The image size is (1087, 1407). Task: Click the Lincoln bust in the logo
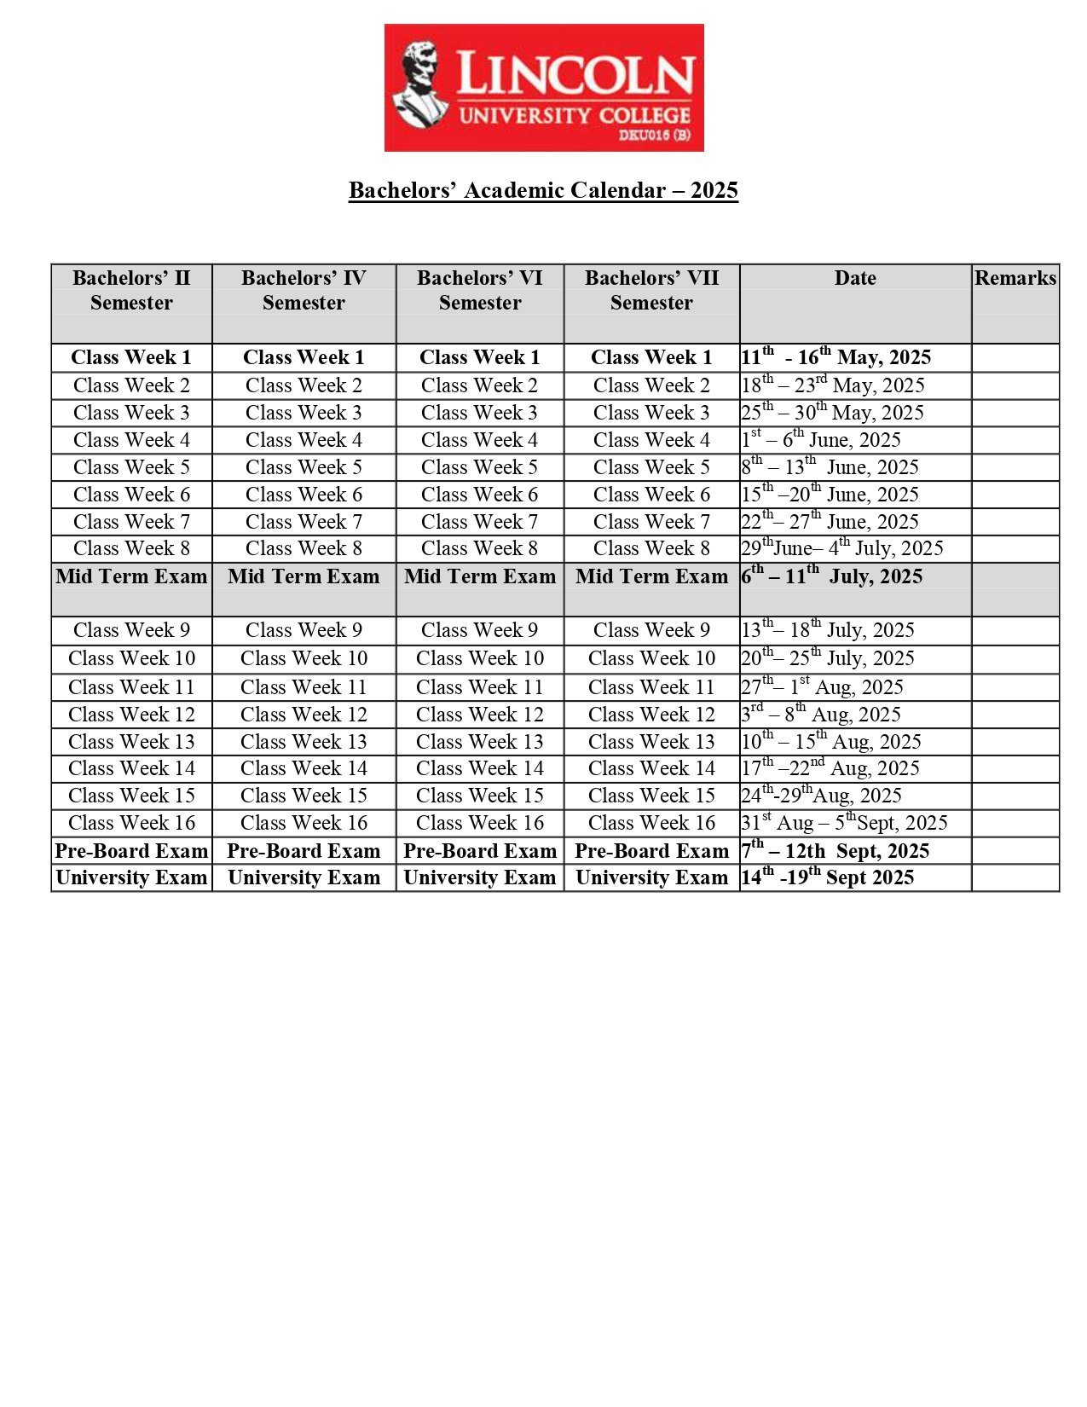(x=419, y=85)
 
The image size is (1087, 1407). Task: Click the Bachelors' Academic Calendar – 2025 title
(x=543, y=190)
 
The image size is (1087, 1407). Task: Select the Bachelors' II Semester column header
(x=131, y=291)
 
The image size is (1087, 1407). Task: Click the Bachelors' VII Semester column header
(x=651, y=291)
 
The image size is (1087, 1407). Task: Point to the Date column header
(x=855, y=279)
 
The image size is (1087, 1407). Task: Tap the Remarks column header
(x=1015, y=279)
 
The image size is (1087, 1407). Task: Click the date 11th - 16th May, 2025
(x=835, y=357)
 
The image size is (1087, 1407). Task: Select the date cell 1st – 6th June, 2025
(x=820, y=440)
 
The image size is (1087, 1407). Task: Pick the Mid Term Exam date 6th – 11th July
(x=831, y=576)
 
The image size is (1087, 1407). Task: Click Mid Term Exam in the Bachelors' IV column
(x=304, y=577)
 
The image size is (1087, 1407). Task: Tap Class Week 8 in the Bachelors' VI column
(x=479, y=548)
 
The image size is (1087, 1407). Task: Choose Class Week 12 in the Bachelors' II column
(x=131, y=715)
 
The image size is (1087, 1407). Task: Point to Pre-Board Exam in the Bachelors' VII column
(x=651, y=851)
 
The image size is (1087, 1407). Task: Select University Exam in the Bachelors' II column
(x=131, y=878)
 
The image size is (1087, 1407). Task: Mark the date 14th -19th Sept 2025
(x=827, y=878)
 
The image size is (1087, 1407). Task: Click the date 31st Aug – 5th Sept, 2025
(x=844, y=824)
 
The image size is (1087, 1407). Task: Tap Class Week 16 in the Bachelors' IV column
(x=304, y=824)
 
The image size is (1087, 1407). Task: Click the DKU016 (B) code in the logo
(x=654, y=136)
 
